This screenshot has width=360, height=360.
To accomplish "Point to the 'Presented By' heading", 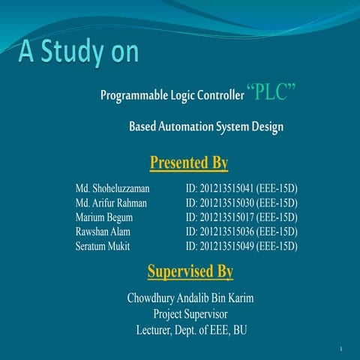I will tap(189, 163).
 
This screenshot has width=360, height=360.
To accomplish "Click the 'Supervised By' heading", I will tap(190, 270).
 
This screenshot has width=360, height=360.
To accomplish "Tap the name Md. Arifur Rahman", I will tap(111, 203).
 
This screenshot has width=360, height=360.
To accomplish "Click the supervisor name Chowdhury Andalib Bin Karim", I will tap(190, 298).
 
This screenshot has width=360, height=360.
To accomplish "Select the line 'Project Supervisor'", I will tap(190, 313).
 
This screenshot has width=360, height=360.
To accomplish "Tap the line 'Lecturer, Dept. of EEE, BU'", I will tap(190, 329).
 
